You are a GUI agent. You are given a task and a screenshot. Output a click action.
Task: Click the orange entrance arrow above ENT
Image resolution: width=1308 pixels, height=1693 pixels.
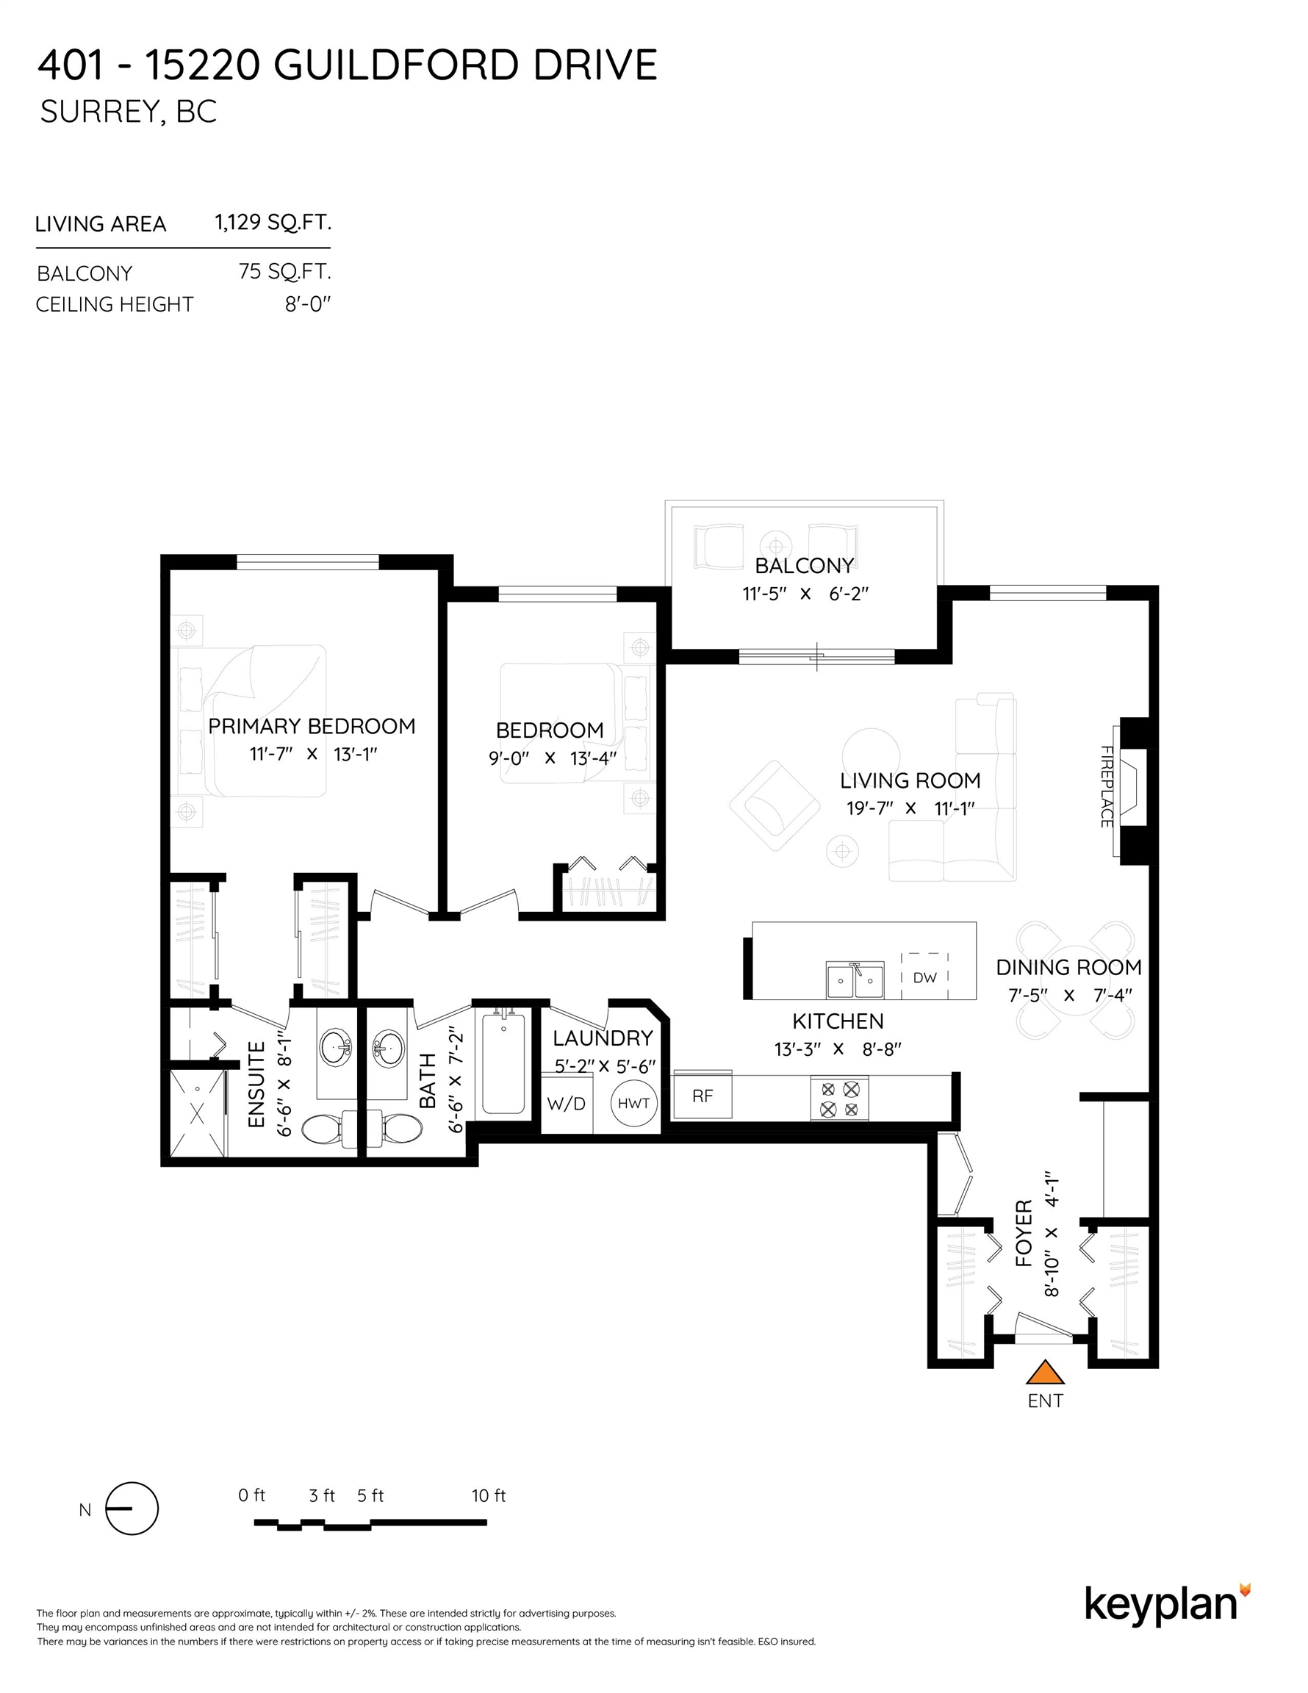click(x=1045, y=1371)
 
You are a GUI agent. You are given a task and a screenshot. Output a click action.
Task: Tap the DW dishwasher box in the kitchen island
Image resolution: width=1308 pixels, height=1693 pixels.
click(x=925, y=976)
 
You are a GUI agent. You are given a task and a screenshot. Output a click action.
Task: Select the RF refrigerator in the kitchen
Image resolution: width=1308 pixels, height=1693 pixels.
click(x=702, y=1095)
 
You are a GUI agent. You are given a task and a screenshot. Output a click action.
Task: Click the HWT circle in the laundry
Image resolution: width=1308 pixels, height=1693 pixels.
click(x=634, y=1103)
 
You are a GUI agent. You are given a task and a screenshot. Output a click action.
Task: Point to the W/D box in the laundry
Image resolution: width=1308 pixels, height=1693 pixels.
click(x=567, y=1102)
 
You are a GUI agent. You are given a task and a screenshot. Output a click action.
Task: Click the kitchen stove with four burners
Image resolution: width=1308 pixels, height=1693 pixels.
click(x=840, y=1098)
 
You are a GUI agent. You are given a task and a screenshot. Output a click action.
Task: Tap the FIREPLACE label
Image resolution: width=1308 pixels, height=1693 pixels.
click(x=1107, y=786)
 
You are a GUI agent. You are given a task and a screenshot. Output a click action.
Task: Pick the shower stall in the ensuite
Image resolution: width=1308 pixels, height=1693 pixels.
click(x=198, y=1113)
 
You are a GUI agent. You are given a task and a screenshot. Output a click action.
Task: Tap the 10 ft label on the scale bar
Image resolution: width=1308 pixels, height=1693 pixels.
click(x=489, y=1496)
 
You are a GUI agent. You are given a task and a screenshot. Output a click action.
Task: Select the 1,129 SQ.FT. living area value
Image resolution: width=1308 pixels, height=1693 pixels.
click(x=273, y=223)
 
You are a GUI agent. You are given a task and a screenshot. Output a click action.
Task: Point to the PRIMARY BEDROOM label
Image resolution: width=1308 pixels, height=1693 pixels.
click(x=312, y=726)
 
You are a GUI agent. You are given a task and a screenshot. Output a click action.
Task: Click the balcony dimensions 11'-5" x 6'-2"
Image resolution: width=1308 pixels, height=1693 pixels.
click(x=805, y=594)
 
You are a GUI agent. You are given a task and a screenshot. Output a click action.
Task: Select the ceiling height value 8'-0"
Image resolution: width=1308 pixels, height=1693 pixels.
click(x=308, y=304)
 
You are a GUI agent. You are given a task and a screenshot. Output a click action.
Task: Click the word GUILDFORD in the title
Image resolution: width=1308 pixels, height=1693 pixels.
click(x=395, y=65)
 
